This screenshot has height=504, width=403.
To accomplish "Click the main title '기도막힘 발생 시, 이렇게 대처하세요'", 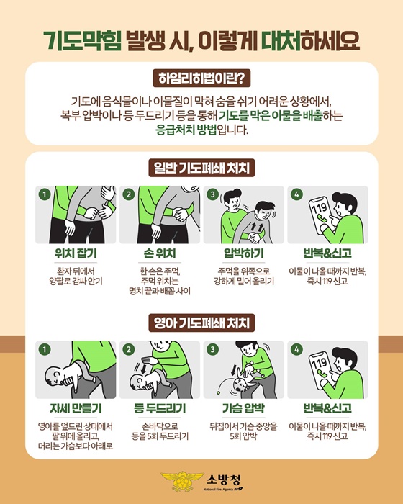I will point(201,37).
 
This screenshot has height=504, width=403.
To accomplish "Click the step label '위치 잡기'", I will point(76,253).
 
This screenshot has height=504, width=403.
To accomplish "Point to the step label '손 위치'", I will point(160,253).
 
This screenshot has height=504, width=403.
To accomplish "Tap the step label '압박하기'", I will point(244,253).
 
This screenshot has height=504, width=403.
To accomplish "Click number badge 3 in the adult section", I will point(212,195).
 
